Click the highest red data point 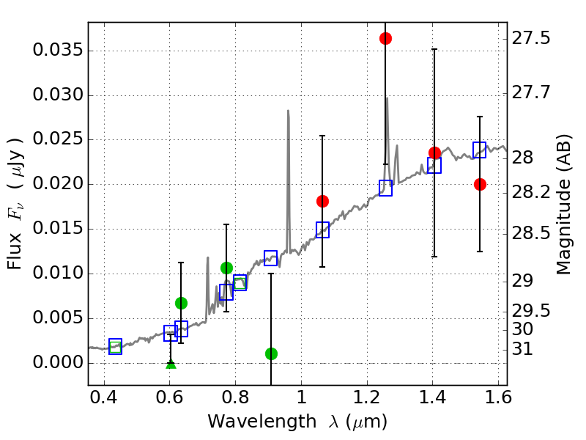tap(385, 38)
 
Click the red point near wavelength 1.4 tap(434, 153)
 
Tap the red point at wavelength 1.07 tap(322, 201)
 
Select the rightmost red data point tap(480, 184)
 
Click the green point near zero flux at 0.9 tap(271, 353)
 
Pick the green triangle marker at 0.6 tap(171, 364)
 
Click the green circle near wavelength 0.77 tap(226, 268)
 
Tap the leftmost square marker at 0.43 tap(115, 346)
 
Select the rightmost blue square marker tap(480, 150)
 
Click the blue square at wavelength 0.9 tap(271, 257)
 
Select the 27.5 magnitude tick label tap(533, 37)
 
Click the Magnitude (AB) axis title tap(563, 204)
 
